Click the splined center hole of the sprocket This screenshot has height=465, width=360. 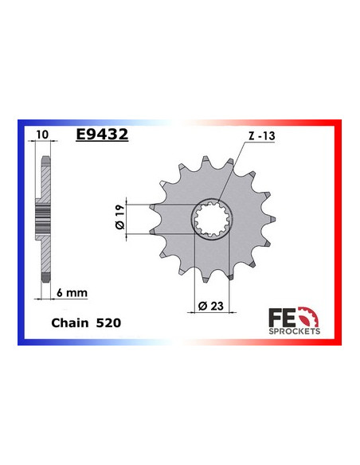[x=212, y=221]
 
